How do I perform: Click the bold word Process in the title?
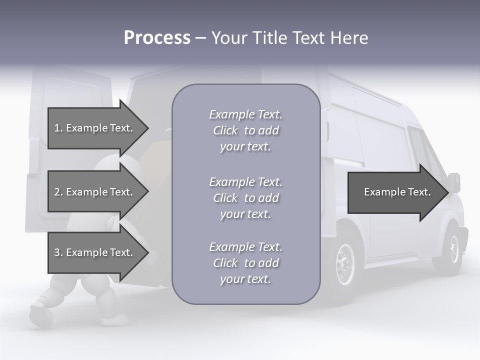(157, 38)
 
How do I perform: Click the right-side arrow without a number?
(397, 192)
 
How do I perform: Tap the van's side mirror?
(454, 183)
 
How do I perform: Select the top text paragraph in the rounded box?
(245, 130)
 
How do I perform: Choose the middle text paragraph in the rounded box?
(245, 198)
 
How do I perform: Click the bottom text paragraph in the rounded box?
(245, 263)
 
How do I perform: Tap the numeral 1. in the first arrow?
(58, 128)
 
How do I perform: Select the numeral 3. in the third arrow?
(58, 252)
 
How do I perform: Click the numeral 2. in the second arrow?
(58, 192)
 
